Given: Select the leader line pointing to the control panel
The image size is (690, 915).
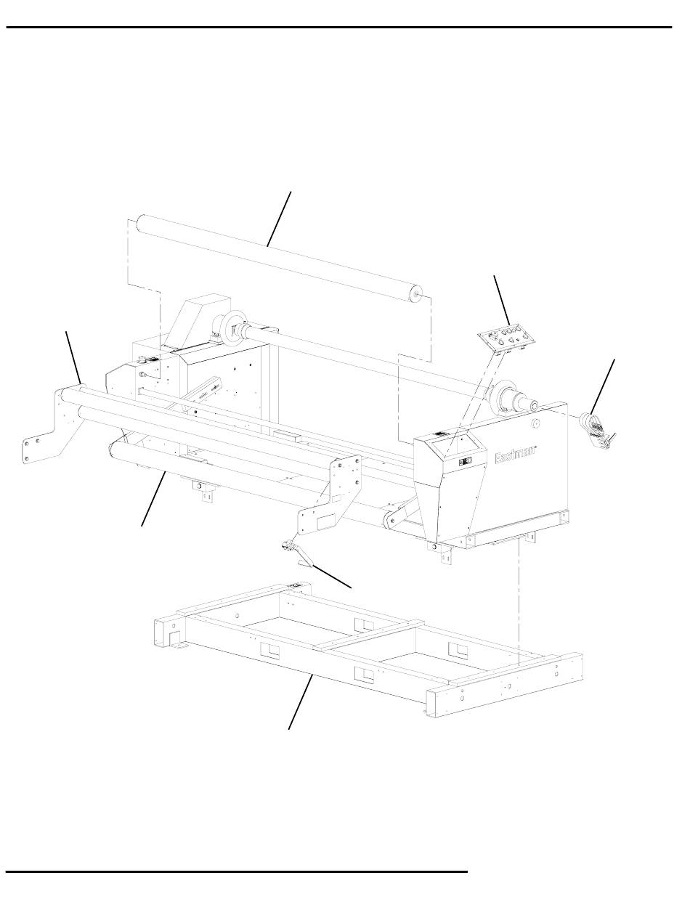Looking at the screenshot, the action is [x=502, y=300].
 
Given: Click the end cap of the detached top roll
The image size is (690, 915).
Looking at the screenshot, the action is [x=415, y=294].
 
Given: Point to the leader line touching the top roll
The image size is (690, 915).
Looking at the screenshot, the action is [x=278, y=219].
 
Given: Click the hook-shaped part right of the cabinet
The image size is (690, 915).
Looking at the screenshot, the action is [x=597, y=429].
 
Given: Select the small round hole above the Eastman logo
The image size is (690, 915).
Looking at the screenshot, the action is [x=535, y=423].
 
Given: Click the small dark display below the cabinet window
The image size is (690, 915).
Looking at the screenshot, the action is [x=465, y=461].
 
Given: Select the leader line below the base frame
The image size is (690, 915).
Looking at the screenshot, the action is [x=300, y=702].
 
